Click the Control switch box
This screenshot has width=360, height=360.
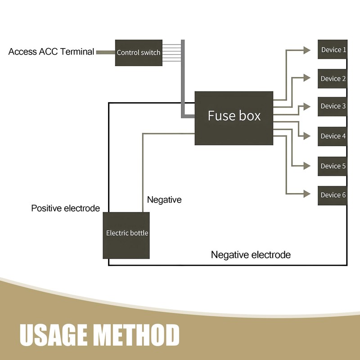[x=138, y=52]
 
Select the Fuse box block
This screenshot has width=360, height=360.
[x=234, y=118]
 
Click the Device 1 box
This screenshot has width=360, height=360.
[x=333, y=49]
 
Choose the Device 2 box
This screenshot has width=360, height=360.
[x=333, y=79]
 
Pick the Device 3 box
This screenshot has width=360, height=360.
[x=333, y=106]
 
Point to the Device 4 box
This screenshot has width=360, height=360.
[x=333, y=136]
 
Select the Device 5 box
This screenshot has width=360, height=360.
[x=333, y=166]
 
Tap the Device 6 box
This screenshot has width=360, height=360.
[x=333, y=195]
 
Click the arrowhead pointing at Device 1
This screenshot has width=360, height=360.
[x=307, y=50]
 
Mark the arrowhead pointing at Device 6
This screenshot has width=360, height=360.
[x=307, y=194]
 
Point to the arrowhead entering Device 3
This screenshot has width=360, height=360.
[x=307, y=107]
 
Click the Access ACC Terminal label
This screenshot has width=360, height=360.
[x=51, y=52]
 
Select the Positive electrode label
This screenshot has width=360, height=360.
[x=65, y=208]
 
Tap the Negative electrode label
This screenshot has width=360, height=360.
[x=251, y=255]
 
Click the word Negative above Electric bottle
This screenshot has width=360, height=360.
[x=164, y=200]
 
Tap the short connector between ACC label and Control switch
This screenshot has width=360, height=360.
[x=106, y=52]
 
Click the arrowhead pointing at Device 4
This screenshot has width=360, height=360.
[x=307, y=135]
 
